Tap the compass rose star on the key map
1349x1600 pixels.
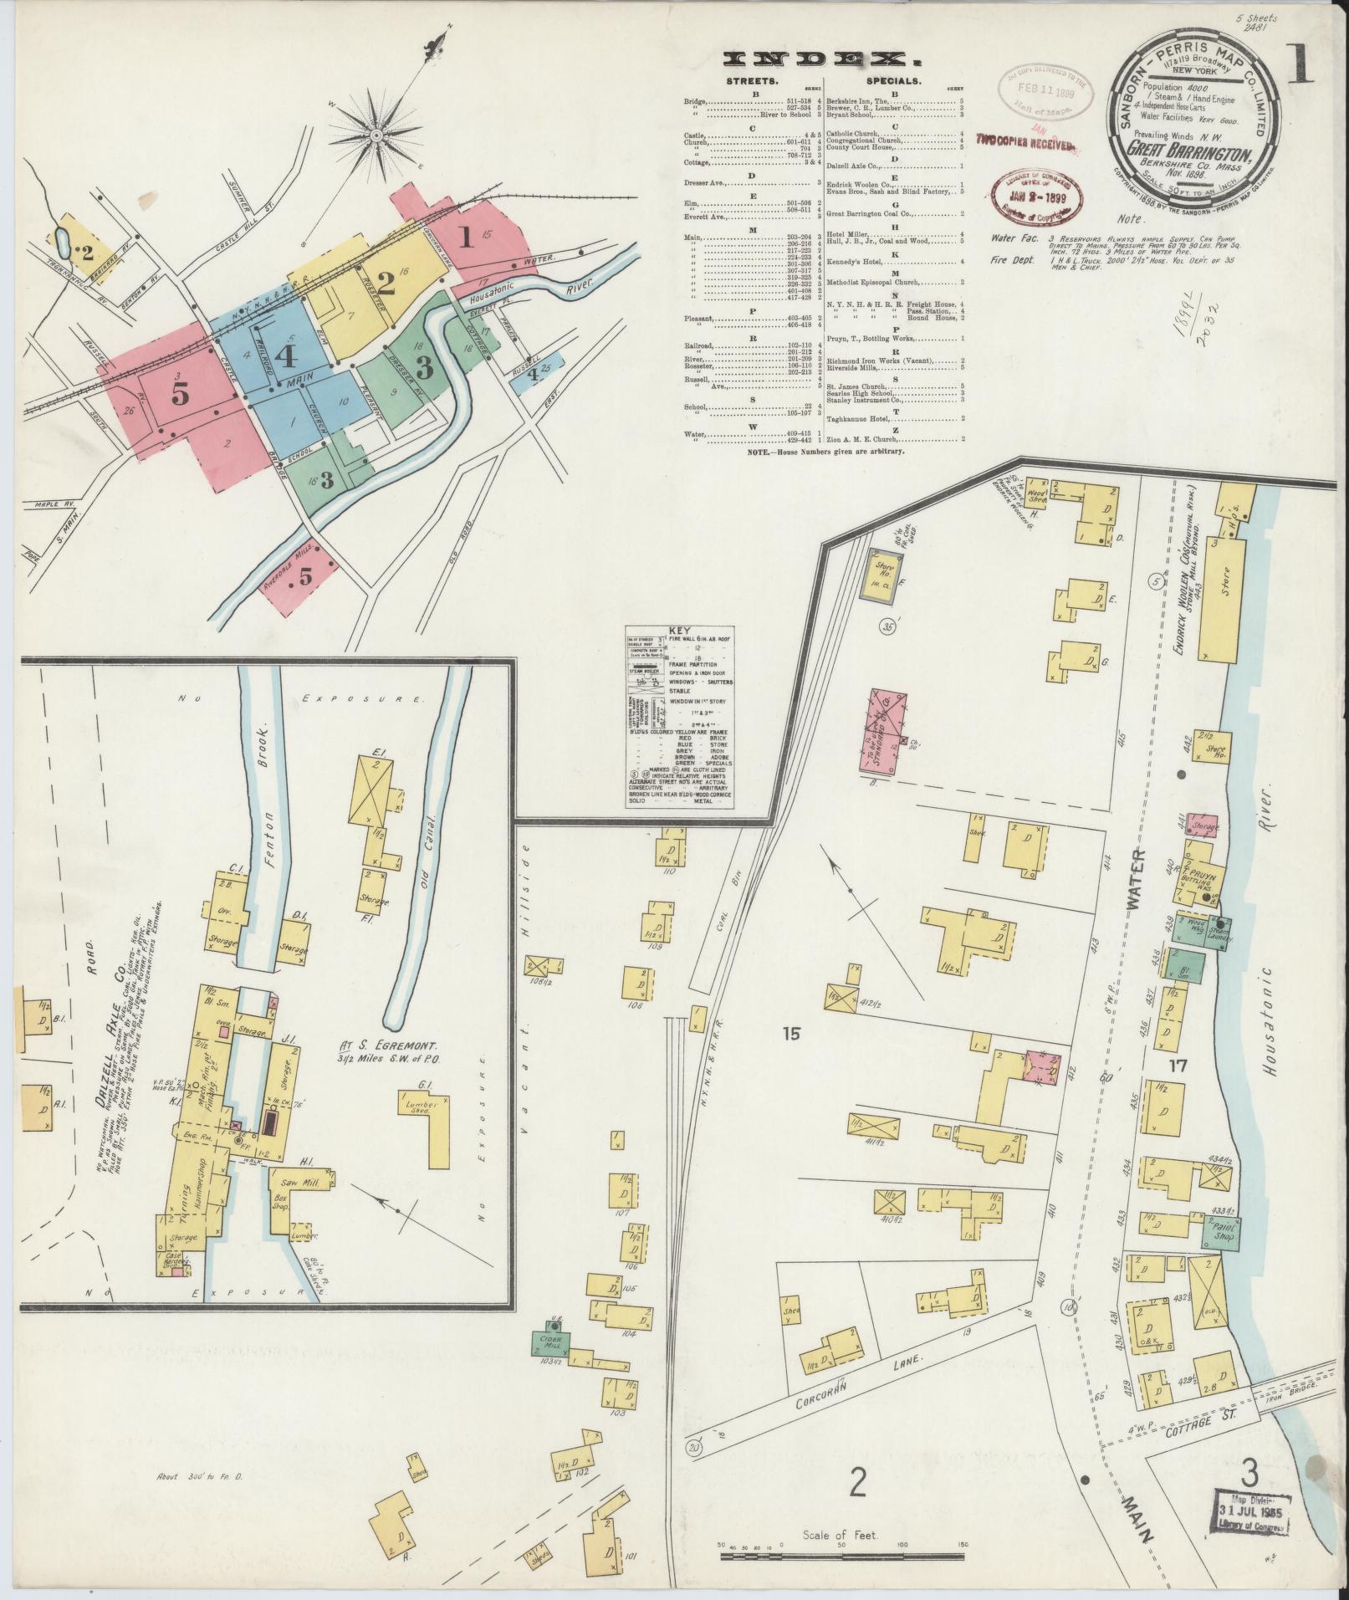tap(376, 135)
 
